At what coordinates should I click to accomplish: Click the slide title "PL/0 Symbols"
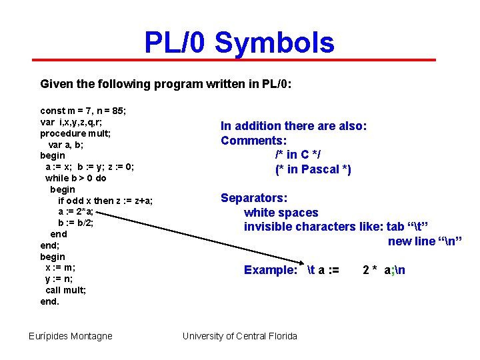click(239, 43)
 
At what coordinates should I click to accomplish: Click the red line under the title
click(239, 60)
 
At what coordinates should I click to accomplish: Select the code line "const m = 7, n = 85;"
click(83, 110)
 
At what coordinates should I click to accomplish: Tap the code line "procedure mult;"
click(75, 133)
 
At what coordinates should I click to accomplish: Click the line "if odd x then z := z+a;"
click(105, 201)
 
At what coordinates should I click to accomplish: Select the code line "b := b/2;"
click(75, 223)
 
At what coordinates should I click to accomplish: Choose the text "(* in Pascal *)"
click(313, 169)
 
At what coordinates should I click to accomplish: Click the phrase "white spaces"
click(281, 213)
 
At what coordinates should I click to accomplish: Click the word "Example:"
click(271, 270)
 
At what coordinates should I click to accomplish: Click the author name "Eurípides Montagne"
click(71, 336)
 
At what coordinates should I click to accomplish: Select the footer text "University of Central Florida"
click(240, 336)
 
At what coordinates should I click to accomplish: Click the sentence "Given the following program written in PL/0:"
click(166, 85)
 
